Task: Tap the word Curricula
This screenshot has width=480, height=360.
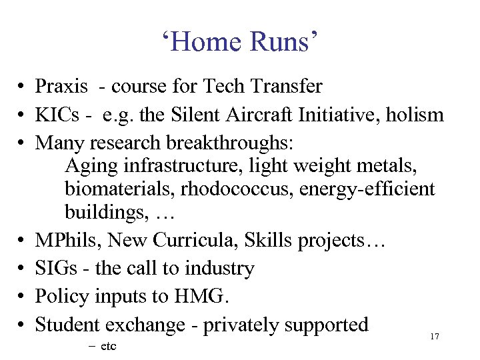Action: click(x=193, y=240)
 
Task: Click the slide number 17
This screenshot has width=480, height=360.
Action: click(x=435, y=337)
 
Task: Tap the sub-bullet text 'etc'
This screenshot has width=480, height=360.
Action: click(x=108, y=347)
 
